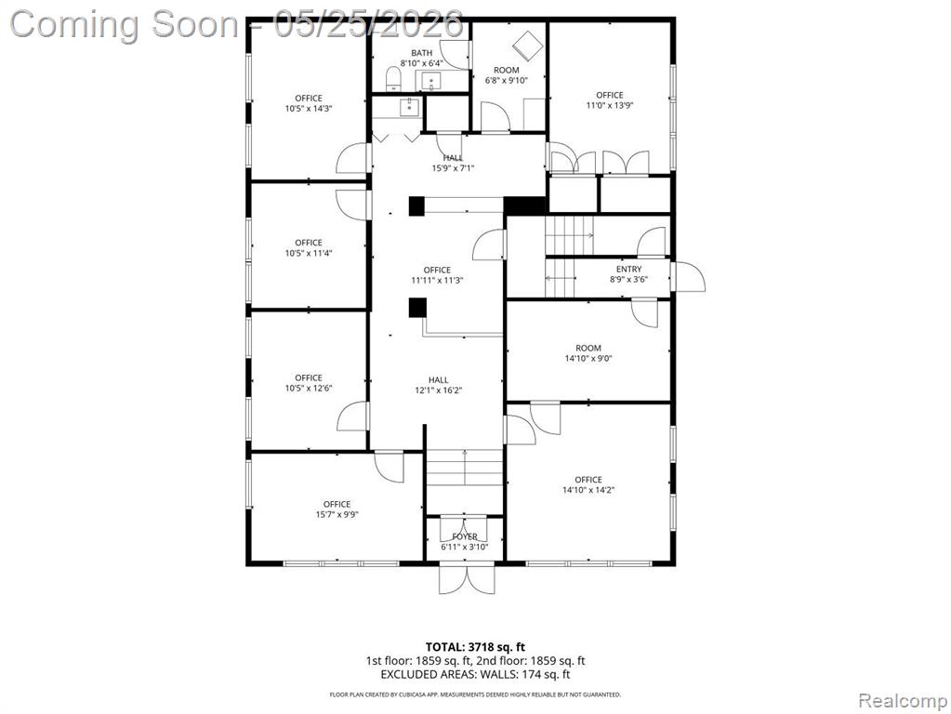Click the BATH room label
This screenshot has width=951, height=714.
tap(421, 53)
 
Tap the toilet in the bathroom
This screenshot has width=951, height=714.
tap(393, 79)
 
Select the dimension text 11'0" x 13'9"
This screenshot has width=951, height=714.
tap(610, 105)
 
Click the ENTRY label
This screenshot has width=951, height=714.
tap(629, 269)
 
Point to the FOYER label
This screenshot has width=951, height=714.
tap(465, 536)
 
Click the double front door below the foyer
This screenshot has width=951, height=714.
tap(467, 578)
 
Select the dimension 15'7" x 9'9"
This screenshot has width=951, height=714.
tap(337, 514)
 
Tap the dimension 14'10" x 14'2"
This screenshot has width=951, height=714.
tap(588, 490)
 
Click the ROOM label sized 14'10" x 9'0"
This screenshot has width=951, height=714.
tap(588, 348)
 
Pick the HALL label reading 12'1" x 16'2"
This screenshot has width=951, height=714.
tap(439, 379)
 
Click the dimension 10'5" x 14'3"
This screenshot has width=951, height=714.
tap(309, 109)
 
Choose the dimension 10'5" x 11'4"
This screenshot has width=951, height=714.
tap(309, 253)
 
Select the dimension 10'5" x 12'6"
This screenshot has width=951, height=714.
tap(309, 389)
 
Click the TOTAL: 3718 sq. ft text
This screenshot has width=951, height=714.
tap(475, 647)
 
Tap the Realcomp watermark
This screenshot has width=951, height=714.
tap(903, 701)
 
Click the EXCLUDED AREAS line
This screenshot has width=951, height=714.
tap(476, 674)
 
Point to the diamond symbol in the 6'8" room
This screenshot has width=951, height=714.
tap(526, 44)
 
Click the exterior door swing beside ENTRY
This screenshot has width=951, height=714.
tap(690, 277)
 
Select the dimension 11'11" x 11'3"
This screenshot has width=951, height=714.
tap(437, 280)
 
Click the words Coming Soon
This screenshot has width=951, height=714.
tap(124, 24)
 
